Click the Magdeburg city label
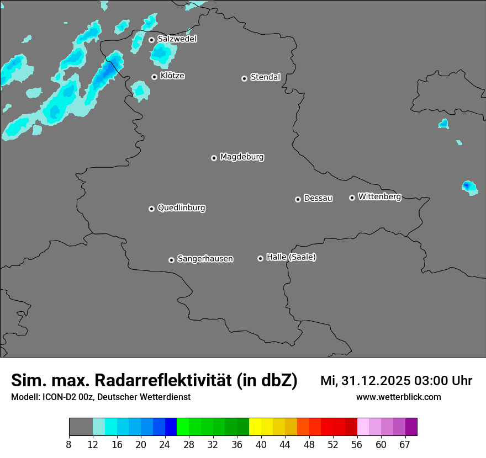point(242,157)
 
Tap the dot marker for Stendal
point(244,78)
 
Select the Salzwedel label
point(177,39)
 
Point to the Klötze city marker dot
point(154,77)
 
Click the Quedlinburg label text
point(181,208)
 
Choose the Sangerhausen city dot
point(171,260)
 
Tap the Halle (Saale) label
point(291,257)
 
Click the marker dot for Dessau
point(298,199)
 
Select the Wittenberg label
point(379,196)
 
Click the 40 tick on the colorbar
point(261,444)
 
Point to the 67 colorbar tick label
point(405,444)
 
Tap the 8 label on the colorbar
point(69,444)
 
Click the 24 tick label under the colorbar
point(165,444)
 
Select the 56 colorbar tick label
point(357,444)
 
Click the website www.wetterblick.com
point(398,397)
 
